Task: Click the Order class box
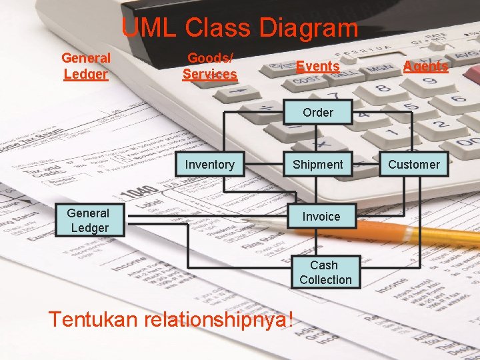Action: [x=318, y=113]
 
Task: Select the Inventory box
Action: [x=209, y=165]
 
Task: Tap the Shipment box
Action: [x=318, y=165]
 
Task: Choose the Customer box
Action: [x=414, y=165]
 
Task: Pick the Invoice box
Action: [x=321, y=217]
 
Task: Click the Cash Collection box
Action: [x=325, y=273]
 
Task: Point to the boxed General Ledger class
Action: [x=88, y=221]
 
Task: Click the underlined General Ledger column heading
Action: [x=86, y=66]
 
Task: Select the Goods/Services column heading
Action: [x=210, y=66]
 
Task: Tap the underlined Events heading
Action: [x=318, y=67]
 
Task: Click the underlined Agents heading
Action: [x=425, y=67]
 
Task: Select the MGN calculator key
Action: [x=379, y=68]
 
